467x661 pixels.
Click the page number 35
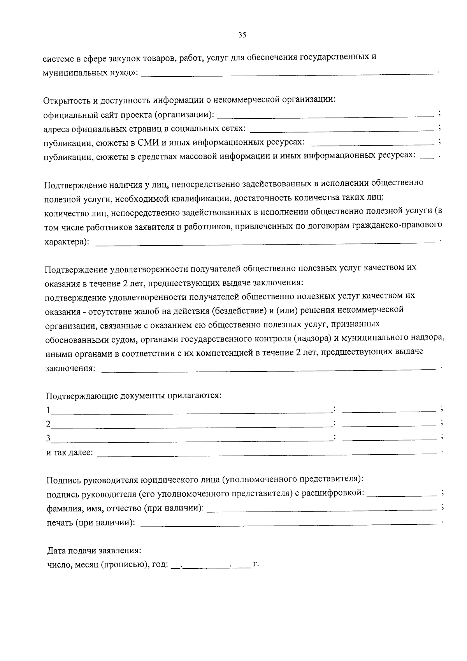pyautogui.click(x=242, y=35)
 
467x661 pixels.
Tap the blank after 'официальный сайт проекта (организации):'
pyautogui.click(x=325, y=116)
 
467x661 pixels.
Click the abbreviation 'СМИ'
pyautogui.click(x=146, y=142)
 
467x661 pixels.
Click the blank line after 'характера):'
pyautogui.click(x=265, y=243)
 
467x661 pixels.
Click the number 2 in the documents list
pyautogui.click(x=48, y=424)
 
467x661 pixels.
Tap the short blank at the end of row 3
pyautogui.click(x=389, y=439)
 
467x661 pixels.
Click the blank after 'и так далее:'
pyautogui.click(x=267, y=454)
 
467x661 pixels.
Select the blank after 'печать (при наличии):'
pyautogui.click(x=288, y=523)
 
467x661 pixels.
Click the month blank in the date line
pyautogui.click(x=207, y=565)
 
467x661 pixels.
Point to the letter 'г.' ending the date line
pyautogui.click(x=256, y=564)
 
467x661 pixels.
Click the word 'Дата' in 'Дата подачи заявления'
pyautogui.click(x=56, y=551)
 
